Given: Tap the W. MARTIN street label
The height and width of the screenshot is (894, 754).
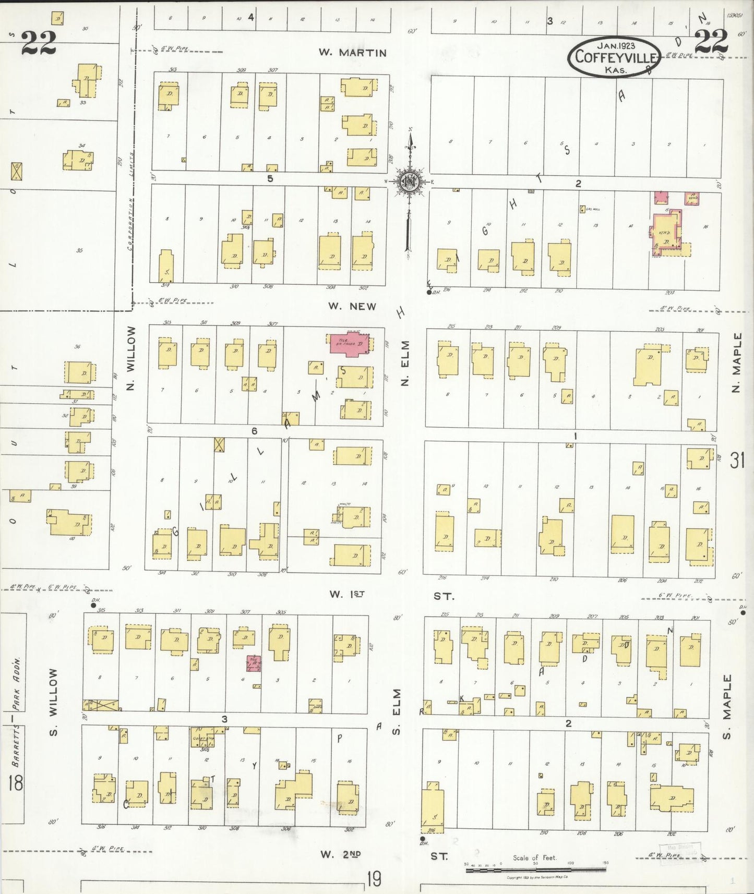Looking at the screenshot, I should (x=353, y=53).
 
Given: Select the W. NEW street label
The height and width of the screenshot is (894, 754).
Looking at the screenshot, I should (x=352, y=306).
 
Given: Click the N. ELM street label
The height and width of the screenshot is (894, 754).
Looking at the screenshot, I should (x=405, y=363).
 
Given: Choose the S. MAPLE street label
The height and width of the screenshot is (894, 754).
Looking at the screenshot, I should (x=727, y=706).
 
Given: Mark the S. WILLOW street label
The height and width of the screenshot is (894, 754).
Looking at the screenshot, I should (x=54, y=703).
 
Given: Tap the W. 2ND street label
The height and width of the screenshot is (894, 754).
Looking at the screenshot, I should (x=341, y=854).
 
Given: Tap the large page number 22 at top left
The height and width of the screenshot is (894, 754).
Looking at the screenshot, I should (x=39, y=43).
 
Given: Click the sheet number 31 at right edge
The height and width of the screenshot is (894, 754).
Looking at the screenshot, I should (x=737, y=461).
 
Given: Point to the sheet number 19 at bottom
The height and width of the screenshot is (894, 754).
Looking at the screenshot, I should (x=374, y=879).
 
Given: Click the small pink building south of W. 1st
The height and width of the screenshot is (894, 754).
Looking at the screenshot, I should (x=254, y=663).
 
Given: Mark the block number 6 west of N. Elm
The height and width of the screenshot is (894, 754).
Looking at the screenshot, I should (x=255, y=431).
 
